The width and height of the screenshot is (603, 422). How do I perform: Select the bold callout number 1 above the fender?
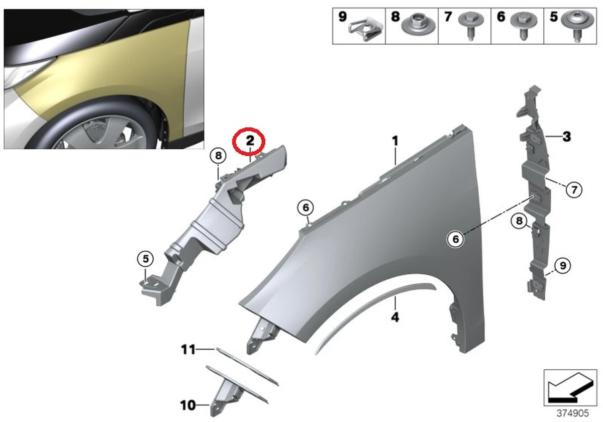pos(395,141)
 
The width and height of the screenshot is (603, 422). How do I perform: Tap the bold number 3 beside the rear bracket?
pos(566,136)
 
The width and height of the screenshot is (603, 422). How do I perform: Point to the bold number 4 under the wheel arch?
pos(395,317)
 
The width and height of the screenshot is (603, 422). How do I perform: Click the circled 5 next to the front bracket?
pos(145,259)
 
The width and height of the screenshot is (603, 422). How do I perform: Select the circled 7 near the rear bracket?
pos(573,189)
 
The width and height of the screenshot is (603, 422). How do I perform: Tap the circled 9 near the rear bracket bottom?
pos(563,265)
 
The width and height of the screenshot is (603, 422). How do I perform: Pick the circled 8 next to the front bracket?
pos(218,156)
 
